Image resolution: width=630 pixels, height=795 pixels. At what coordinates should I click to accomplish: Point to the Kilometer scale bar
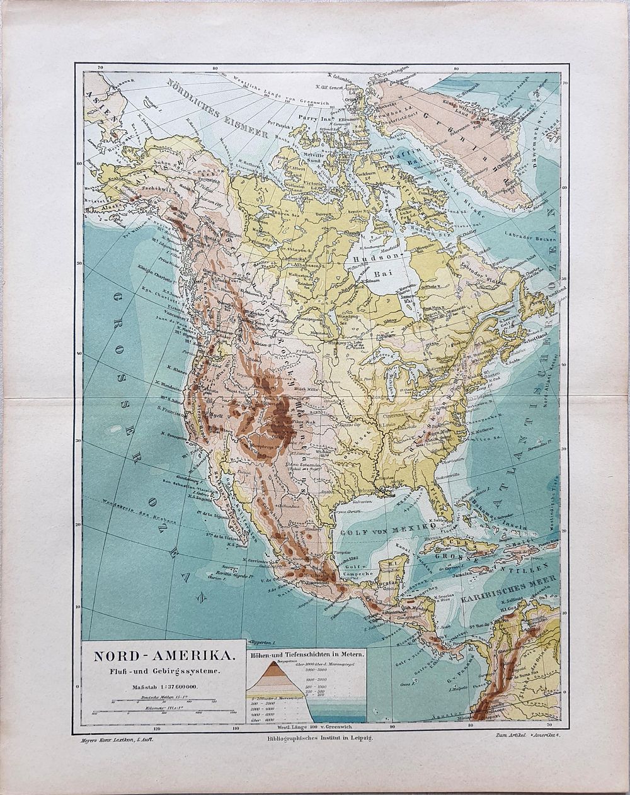click(163, 712)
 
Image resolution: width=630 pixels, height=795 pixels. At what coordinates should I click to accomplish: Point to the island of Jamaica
click(484, 570)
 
